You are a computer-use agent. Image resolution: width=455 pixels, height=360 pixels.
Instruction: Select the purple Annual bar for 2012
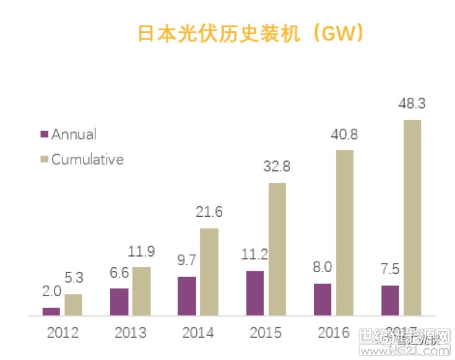click(51, 311)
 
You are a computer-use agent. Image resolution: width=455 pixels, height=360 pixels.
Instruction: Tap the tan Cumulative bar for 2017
click(412, 217)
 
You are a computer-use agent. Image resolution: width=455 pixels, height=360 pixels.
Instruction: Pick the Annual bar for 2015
click(254, 293)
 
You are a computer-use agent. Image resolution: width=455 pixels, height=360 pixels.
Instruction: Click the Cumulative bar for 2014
click(209, 271)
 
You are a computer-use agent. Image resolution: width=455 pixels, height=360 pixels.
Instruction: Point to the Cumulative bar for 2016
click(345, 232)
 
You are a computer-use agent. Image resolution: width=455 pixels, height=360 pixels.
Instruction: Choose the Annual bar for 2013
click(119, 302)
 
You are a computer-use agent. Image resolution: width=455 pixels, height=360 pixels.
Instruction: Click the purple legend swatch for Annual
click(44, 134)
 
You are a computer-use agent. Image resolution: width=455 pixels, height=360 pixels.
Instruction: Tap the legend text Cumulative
click(87, 159)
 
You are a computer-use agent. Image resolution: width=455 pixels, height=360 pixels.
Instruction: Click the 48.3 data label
click(412, 103)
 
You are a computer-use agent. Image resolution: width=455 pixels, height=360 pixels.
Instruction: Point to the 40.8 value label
click(344, 134)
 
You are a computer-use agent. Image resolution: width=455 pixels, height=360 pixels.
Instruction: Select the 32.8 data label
click(277, 167)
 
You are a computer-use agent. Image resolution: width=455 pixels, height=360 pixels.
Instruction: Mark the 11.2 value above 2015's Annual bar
click(254, 256)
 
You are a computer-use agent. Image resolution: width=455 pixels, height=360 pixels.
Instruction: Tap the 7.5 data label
click(390, 271)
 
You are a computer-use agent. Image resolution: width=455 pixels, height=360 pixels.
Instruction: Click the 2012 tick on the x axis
click(63, 333)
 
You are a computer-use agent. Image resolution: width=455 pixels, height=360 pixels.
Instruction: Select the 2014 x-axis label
click(198, 333)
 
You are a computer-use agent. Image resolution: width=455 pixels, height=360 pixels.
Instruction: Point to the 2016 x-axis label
click(333, 333)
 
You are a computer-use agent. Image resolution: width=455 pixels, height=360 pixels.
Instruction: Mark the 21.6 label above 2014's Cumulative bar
click(209, 213)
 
